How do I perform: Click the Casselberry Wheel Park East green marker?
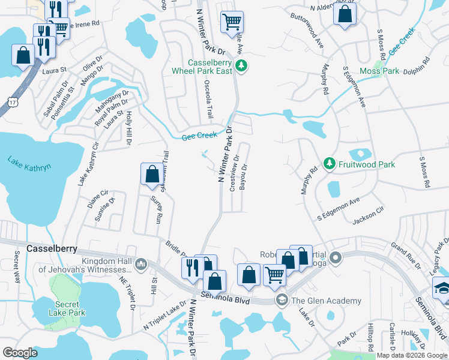coord(241,66)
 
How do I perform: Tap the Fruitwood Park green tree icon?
coord(329,163)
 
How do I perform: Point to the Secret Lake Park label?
coord(67,308)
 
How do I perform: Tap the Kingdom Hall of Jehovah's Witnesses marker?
coord(141,263)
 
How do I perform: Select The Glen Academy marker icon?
coord(280,300)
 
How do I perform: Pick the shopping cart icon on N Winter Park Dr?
coord(231,23)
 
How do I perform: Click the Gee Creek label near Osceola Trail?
coord(199,137)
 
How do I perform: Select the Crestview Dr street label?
coord(235,174)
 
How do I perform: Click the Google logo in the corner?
coord(20,352)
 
